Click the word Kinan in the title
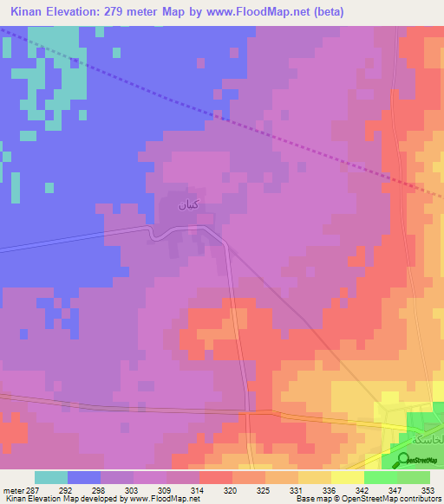point(30,12)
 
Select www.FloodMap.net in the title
point(267,12)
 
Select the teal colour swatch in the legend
point(51,477)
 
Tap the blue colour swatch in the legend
point(84,477)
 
